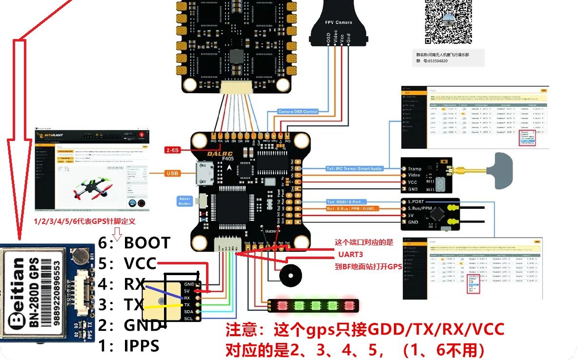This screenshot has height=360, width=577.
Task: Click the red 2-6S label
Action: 173,150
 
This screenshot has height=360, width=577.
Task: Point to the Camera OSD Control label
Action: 298,112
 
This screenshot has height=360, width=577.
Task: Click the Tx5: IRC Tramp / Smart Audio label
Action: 354,168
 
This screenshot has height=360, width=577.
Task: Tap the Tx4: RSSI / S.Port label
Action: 346,201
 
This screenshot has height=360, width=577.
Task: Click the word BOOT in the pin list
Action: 147,242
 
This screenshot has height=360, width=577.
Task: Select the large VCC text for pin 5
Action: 140,263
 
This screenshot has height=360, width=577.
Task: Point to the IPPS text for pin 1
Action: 142,346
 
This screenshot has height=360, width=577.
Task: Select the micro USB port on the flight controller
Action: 202,174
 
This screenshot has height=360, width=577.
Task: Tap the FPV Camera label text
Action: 339,22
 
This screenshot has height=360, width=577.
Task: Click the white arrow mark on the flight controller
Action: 230,167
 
